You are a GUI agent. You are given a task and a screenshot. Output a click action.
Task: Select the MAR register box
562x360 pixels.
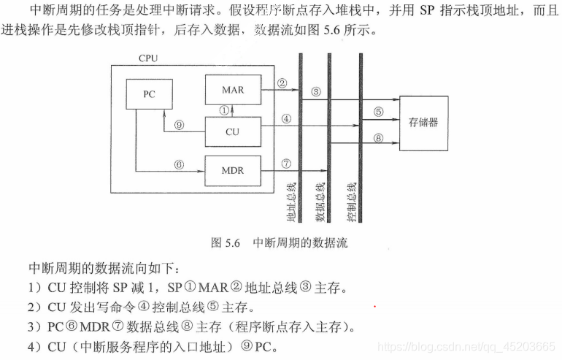tap(232, 91)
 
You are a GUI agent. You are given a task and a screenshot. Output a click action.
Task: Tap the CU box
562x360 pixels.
tap(232, 132)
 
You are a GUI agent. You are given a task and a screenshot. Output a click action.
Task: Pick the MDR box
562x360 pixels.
tap(232, 171)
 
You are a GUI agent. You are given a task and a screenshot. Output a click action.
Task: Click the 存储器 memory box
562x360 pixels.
tap(423, 123)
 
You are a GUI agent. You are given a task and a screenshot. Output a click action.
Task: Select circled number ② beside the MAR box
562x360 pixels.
tap(282, 83)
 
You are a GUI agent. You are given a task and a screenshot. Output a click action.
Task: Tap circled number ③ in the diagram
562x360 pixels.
tap(315, 91)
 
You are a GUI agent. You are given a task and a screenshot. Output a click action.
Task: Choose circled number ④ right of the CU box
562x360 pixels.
tap(286, 118)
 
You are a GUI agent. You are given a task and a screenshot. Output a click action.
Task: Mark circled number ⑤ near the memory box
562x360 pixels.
tap(378, 112)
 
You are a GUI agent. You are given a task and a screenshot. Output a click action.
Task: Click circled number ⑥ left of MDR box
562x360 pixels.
tap(178, 164)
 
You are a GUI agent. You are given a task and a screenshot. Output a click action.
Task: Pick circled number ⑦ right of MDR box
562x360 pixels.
tap(286, 164)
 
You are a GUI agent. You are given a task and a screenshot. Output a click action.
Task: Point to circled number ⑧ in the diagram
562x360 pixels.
tap(378, 138)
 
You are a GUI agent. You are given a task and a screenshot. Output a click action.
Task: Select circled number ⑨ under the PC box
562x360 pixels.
tap(179, 125)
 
